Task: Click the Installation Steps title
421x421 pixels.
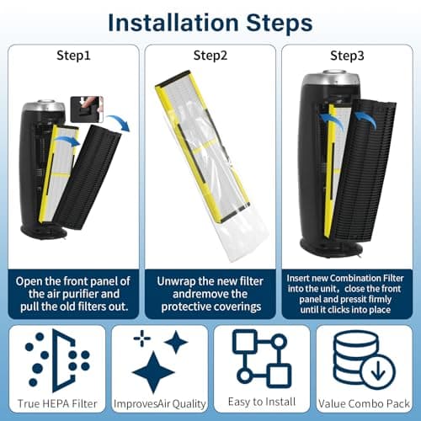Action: pos(210,23)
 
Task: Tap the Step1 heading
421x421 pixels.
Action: pos(73,56)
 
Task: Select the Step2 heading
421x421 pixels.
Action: pos(210,56)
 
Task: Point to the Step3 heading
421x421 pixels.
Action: pos(347,56)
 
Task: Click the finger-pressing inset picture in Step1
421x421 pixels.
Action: pos(87,109)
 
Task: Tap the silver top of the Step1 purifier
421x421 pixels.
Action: pos(44,106)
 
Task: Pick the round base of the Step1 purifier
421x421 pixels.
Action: pos(44,232)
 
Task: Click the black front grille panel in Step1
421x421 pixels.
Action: pos(87,177)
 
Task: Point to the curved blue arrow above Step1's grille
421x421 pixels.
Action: pos(120,121)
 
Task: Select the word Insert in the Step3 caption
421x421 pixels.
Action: pos(298,278)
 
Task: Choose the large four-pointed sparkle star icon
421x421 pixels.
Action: pos(153,373)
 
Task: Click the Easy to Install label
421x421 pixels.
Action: pos(262,402)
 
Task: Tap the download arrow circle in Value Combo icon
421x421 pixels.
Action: pos(378,371)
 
